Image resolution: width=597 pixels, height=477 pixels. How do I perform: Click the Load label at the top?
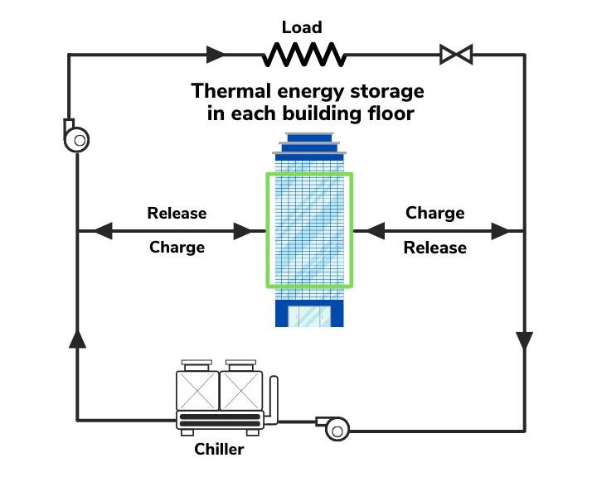click(x=302, y=27)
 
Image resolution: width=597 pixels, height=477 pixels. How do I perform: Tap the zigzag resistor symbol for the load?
click(x=303, y=55)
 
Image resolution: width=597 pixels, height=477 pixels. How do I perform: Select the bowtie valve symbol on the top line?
click(x=456, y=55)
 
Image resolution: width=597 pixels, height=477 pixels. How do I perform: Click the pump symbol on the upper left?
click(x=76, y=137)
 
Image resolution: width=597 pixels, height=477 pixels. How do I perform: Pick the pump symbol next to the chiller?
click(x=336, y=427)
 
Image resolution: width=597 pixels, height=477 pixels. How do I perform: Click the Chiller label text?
click(x=220, y=450)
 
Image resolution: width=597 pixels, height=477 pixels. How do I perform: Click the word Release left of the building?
click(x=177, y=213)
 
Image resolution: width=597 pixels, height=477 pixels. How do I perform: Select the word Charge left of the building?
click(x=177, y=247)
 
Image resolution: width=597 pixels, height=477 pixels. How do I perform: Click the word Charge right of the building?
click(x=434, y=213)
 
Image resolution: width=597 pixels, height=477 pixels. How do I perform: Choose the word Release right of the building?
click(x=434, y=247)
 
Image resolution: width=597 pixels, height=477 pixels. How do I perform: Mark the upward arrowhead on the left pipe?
click(x=77, y=337)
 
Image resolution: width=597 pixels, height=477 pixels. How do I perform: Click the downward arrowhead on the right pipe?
click(x=524, y=340)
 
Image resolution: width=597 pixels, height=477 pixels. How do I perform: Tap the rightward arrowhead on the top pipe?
click(x=216, y=55)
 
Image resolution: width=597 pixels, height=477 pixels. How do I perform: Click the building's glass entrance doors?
click(x=308, y=316)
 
